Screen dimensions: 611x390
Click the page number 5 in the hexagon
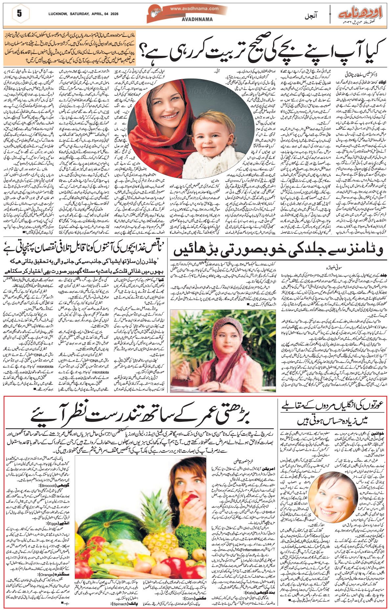[x=19, y=14]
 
